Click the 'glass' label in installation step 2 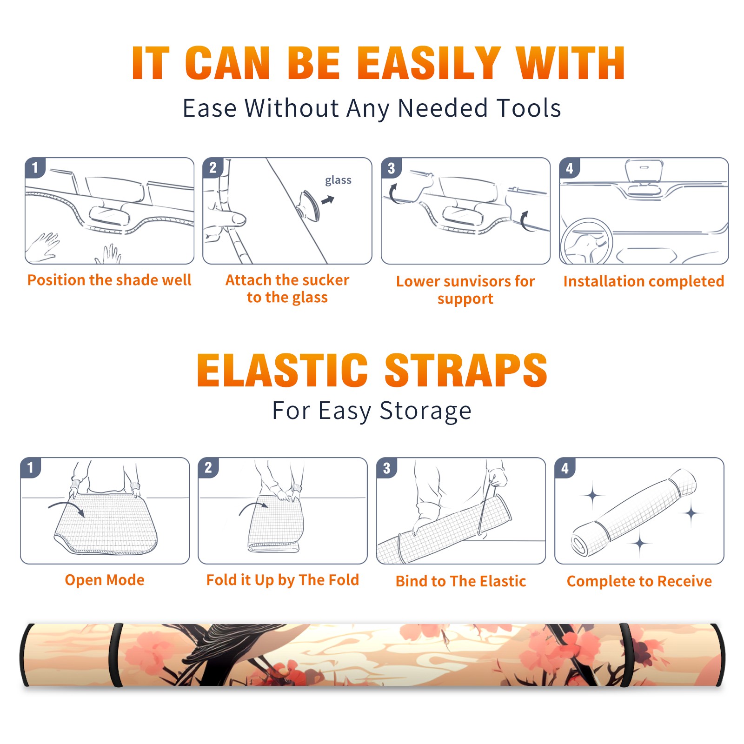[338, 180]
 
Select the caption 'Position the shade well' [109, 280]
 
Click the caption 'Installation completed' [644, 281]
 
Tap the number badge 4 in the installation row [570, 168]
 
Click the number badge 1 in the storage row [31, 467]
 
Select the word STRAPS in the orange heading [466, 370]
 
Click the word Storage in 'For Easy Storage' [425, 411]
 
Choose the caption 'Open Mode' [105, 580]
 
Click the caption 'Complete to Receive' [639, 581]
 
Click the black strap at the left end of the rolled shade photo [116, 655]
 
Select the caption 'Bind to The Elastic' [461, 581]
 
